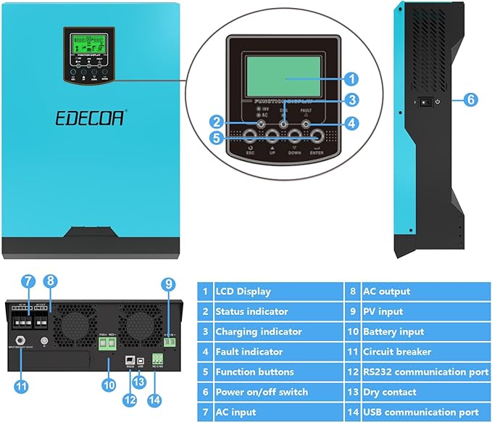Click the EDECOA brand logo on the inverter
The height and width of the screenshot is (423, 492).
90,118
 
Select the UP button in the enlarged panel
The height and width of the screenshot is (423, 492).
273,134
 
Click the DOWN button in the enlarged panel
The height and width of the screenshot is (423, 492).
295,134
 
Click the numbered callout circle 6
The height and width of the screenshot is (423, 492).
472,100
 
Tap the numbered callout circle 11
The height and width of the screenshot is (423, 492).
21,387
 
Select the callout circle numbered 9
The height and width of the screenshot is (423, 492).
168,284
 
